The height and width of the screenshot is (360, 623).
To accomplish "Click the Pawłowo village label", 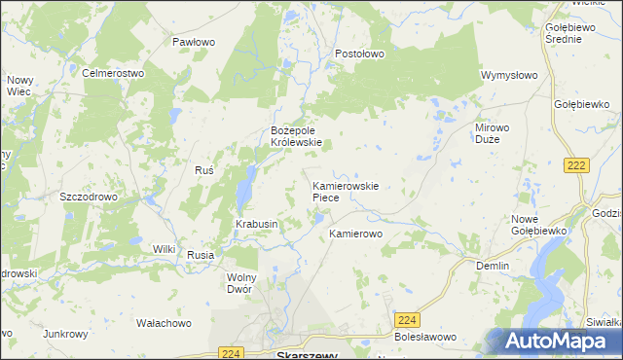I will pos(193,42).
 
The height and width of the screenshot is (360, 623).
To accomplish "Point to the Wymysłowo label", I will pos(509,74).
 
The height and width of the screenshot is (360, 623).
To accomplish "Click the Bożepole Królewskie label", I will pos(296,135).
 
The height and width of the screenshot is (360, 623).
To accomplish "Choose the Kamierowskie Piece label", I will pos(344,191).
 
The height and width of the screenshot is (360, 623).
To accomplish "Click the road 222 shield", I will pos(576,166).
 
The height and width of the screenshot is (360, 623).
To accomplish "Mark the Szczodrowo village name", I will pos(89,196).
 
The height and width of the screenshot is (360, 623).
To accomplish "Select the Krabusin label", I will pos(257,224).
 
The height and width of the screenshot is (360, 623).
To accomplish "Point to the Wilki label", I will pos(163,249).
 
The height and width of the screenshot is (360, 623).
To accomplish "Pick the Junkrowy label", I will pos(65,334).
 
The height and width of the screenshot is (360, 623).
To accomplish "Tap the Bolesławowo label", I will pos(425,337).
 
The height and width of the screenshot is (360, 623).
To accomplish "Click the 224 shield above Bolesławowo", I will pos(407,319).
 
